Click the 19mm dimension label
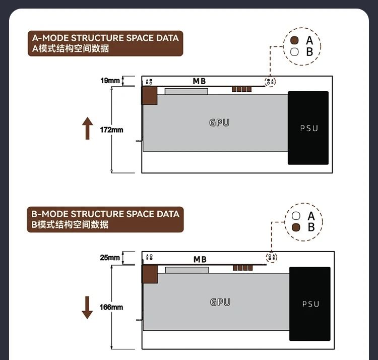click(110, 81)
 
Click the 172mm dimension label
click(111, 130)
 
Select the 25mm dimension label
click(110, 258)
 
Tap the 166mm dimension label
click(111, 307)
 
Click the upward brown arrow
click(88, 128)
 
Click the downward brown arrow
click(87, 308)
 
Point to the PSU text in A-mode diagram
click(309, 128)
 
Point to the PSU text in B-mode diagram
click(311, 304)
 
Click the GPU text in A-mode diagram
click(219, 123)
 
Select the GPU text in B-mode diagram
click(220, 302)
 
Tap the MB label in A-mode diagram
click(200, 81)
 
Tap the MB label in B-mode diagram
click(200, 260)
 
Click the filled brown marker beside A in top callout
click(294, 40)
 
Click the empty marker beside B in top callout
click(294, 52)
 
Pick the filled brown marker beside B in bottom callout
click(296, 227)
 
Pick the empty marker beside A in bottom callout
click(296, 216)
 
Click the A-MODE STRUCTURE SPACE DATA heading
click(105, 38)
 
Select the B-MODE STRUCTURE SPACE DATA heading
click(105, 214)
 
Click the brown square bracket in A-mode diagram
click(150, 95)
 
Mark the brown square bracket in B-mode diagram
click(150, 274)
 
